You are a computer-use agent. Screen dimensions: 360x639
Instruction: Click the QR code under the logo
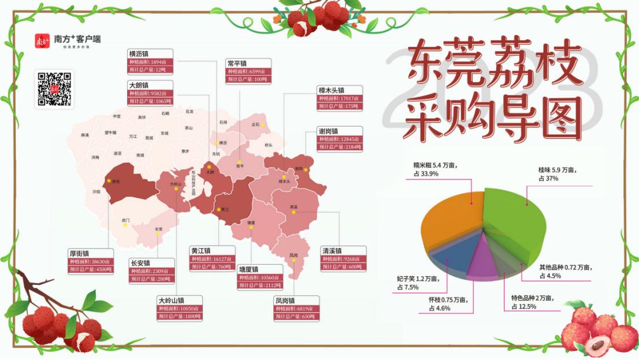point(54,89)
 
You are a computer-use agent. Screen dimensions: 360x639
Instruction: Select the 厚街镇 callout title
point(79,253)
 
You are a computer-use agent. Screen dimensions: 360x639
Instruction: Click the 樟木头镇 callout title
point(332,90)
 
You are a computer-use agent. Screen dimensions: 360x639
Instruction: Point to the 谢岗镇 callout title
point(329,131)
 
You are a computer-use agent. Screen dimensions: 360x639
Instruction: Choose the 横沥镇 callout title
point(139,54)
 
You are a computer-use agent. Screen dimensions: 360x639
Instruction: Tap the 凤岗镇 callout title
point(285,300)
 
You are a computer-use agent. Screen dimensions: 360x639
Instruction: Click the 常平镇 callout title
point(237,63)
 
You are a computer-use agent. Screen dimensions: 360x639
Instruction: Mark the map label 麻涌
point(85,135)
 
